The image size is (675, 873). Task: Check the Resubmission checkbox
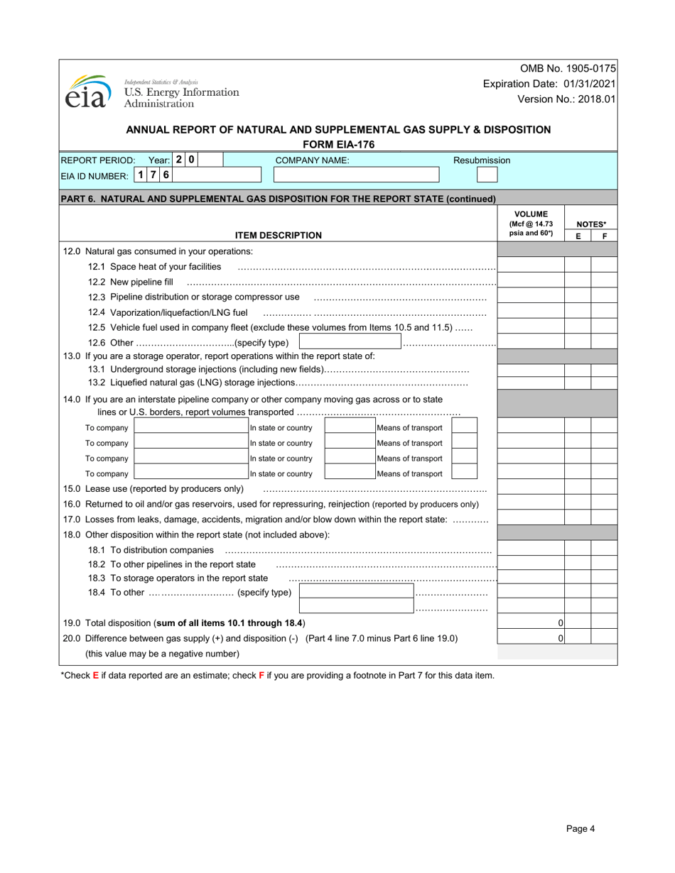tap(487, 175)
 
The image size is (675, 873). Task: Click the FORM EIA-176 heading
tap(338, 145)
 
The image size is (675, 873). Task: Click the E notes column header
tap(578, 236)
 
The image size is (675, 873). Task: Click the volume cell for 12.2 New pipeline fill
tap(531, 281)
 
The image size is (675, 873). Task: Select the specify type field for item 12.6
tap(350, 343)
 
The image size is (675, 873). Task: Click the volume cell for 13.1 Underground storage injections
tap(531, 370)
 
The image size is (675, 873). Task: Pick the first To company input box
tap(190, 427)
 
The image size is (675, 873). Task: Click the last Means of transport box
tap(464, 473)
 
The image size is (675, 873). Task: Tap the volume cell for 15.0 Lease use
tap(531, 488)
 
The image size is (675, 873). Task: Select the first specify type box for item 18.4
tap(356, 591)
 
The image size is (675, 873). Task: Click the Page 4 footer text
tap(580, 828)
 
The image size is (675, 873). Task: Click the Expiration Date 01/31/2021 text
tap(549, 84)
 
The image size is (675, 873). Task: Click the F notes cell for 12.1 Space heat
tap(604, 265)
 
